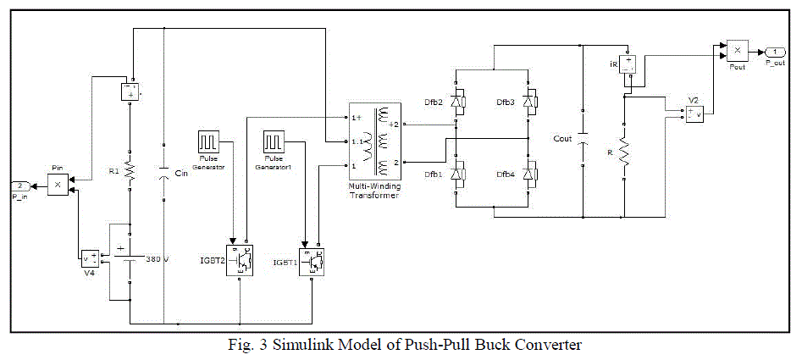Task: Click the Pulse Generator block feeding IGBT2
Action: coord(207,141)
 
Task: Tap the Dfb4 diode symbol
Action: coord(529,175)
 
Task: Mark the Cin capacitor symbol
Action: coord(163,174)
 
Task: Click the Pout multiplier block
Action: coord(736,51)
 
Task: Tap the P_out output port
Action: coord(774,51)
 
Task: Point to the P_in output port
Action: coord(21,186)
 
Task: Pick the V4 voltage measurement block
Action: coord(89,258)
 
